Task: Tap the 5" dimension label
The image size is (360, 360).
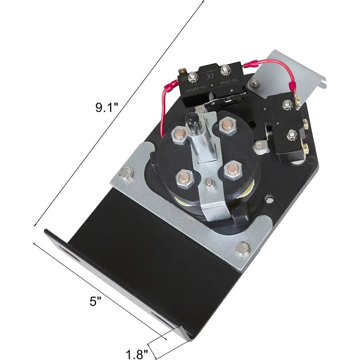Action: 94,301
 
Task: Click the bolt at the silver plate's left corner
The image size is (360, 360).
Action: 126,174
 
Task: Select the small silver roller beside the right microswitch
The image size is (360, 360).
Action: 261,146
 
